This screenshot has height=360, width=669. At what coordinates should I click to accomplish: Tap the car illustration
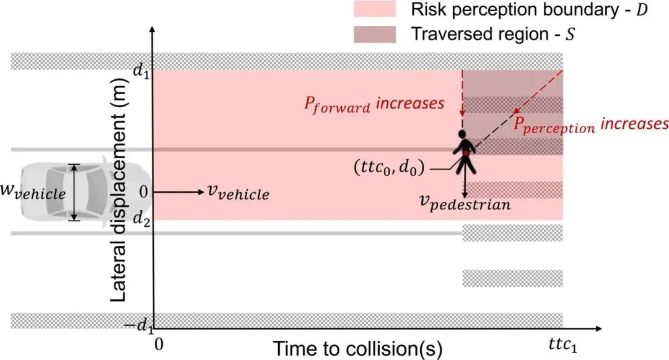[74, 193]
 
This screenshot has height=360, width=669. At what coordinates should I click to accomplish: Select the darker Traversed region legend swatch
[374, 34]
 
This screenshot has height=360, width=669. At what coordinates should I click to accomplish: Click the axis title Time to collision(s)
[358, 348]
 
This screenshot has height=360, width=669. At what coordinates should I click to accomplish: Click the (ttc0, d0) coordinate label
[392, 167]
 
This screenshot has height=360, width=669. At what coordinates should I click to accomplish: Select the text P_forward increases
[374, 103]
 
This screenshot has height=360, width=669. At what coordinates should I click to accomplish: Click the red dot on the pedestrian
[465, 152]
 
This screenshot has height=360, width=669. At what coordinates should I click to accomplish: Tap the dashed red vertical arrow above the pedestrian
[462, 93]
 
